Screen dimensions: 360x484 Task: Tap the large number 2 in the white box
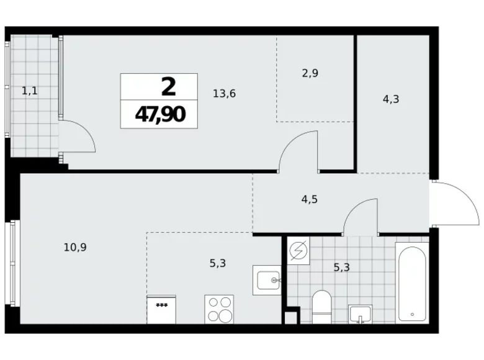pyautogui.click(x=168, y=87)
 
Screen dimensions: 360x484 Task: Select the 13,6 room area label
pyautogui.click(x=223, y=94)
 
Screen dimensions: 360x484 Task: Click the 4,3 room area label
pyautogui.click(x=391, y=98)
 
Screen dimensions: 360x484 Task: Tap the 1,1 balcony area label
pyautogui.click(x=30, y=91)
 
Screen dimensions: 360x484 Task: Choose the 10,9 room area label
pyautogui.click(x=74, y=246)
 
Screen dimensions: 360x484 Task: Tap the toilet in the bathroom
pyautogui.click(x=323, y=307)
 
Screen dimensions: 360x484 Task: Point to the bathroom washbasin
pyautogui.click(x=360, y=314)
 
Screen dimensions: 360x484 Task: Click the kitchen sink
pyautogui.click(x=267, y=281)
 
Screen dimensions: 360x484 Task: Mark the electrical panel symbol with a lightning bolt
pyautogui.click(x=298, y=251)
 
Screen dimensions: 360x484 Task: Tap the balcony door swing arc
pyautogui.click(x=79, y=135)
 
